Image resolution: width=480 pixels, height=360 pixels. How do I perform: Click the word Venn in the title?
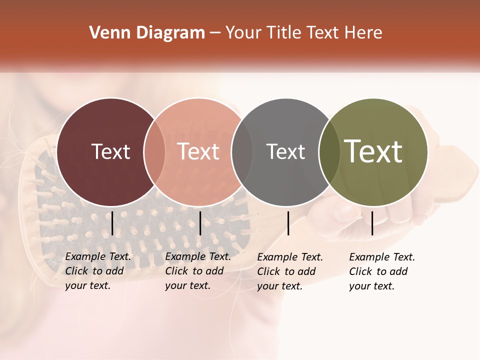[x=106, y=33]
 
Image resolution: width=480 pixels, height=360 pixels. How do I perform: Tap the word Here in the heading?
[x=362, y=33]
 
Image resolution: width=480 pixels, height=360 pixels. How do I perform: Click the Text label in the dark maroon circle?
[x=110, y=151]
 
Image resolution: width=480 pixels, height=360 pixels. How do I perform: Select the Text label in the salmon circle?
[x=198, y=151]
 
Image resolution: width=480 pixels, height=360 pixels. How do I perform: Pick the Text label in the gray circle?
[x=285, y=151]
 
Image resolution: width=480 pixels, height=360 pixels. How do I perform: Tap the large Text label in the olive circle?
[x=373, y=151]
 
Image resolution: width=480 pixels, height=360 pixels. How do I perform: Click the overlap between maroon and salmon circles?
[x=154, y=152]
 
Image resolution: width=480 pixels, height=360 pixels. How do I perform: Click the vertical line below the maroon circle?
[x=112, y=223]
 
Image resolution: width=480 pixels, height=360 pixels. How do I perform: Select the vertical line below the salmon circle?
[x=200, y=223]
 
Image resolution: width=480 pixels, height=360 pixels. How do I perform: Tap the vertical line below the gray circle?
[x=288, y=223]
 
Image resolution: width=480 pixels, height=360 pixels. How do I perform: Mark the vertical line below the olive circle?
[x=372, y=223]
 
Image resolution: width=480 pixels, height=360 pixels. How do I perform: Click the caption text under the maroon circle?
[x=98, y=271]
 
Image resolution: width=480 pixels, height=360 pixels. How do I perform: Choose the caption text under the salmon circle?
[x=198, y=271]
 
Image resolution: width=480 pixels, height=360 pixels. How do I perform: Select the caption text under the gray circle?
[x=290, y=271]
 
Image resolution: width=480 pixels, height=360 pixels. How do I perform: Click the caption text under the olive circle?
[x=382, y=271]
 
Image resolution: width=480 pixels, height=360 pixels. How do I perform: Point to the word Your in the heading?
[x=243, y=33]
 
